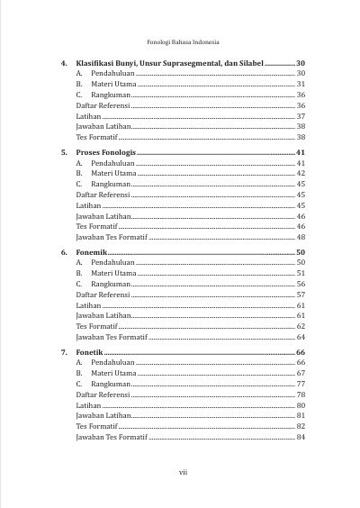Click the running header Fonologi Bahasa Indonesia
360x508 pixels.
(x=183, y=41)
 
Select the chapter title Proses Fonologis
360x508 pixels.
(x=106, y=154)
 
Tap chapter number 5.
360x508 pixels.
(x=64, y=154)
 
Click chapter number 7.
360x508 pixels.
(x=64, y=352)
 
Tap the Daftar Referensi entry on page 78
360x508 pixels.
(x=103, y=395)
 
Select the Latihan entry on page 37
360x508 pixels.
(x=88, y=116)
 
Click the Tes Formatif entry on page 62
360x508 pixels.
(x=98, y=326)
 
